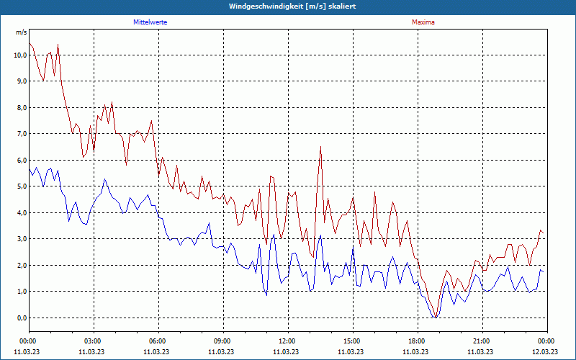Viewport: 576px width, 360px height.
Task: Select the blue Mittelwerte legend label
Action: pyautogui.click(x=150, y=22)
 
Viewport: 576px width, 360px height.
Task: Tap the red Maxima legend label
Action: pyautogui.click(x=423, y=22)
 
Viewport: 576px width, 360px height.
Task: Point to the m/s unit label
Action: pyautogui.click(x=22, y=32)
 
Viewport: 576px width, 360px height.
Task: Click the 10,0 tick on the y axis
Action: pyautogui.click(x=20, y=55)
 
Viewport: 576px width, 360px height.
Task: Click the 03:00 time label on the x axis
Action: pyautogui.click(x=93, y=341)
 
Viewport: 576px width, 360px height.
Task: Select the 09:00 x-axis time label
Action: pyautogui.click(x=222, y=341)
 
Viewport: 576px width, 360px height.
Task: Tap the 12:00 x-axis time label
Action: pyautogui.click(x=287, y=341)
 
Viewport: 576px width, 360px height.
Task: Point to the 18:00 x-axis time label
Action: pyautogui.click(x=417, y=341)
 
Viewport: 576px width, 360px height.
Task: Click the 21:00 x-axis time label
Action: pyautogui.click(x=482, y=341)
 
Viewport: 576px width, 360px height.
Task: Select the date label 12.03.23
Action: pyautogui.click(x=545, y=352)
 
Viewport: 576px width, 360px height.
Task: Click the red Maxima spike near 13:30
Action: pyautogui.click(x=320, y=148)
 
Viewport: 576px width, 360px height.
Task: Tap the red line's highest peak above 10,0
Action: pyautogui.click(x=58, y=45)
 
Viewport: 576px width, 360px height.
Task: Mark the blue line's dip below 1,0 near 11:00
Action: pyautogui.click(x=266, y=294)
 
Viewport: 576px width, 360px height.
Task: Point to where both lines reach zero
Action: pyautogui.click(x=435, y=317)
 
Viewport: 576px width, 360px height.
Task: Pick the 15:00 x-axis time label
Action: pyautogui.click(x=352, y=341)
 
